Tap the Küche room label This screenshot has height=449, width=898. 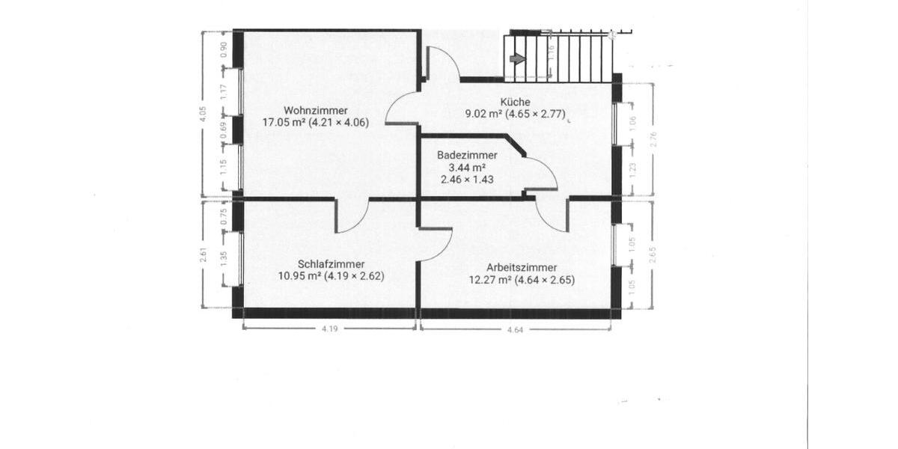click(516, 103)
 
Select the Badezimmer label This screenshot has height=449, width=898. click(467, 155)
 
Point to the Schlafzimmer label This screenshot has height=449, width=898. click(331, 264)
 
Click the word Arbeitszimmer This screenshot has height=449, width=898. click(520, 268)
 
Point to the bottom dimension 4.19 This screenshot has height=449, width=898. click(330, 329)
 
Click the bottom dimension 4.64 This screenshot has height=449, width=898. click(515, 329)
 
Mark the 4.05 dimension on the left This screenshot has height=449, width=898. click(204, 114)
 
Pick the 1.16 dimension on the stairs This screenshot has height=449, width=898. click(551, 52)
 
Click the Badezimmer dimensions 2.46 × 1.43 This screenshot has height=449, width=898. click(468, 180)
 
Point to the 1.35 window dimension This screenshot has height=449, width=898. click(224, 259)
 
